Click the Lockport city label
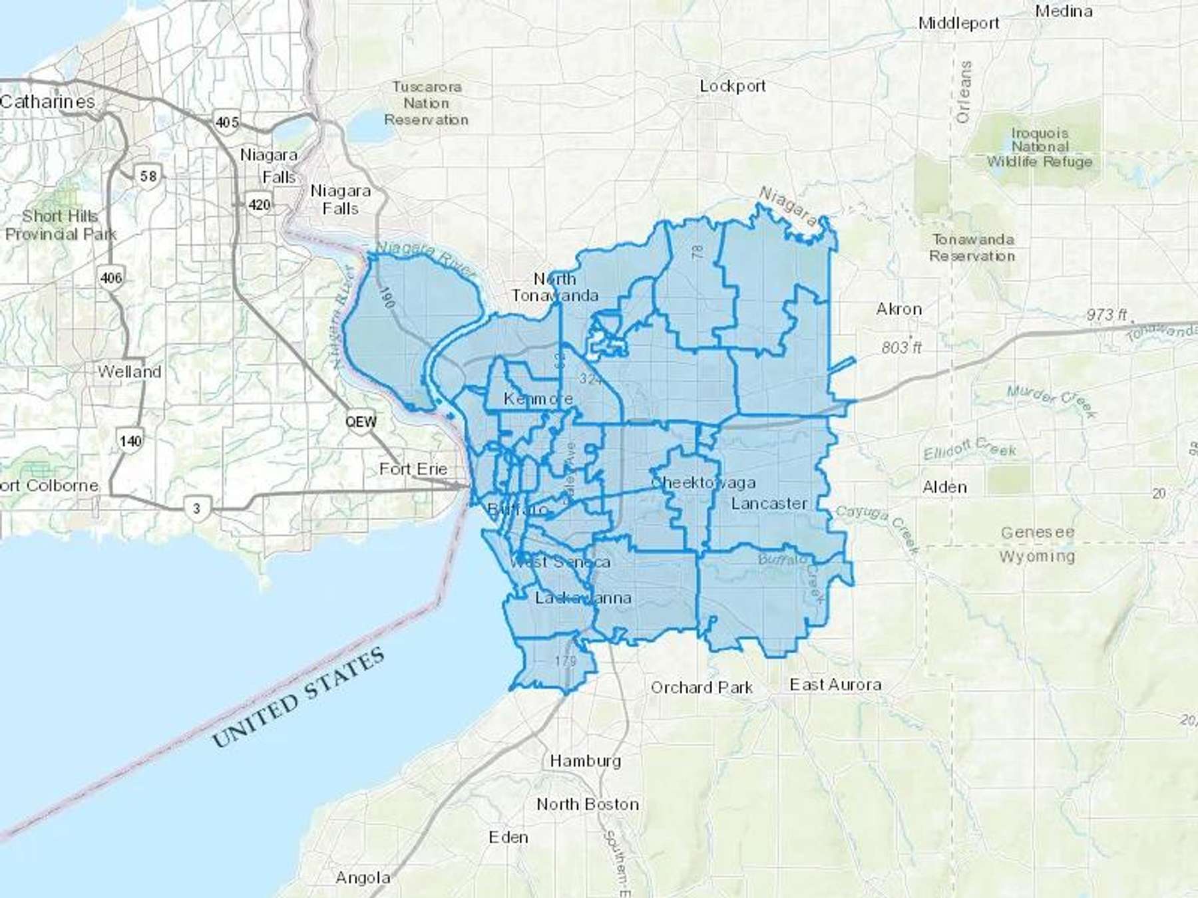click(x=732, y=86)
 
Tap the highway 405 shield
click(x=226, y=122)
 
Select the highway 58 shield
click(x=148, y=176)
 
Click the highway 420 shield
click(x=259, y=204)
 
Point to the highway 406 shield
click(x=110, y=277)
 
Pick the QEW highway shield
click(x=361, y=422)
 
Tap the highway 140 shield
click(x=130, y=440)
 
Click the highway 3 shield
click(x=196, y=509)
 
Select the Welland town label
click(x=129, y=371)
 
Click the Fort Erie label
click(x=413, y=469)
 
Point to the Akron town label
click(x=898, y=309)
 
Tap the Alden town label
click(x=944, y=487)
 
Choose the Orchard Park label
click(x=701, y=687)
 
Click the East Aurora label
click(x=835, y=684)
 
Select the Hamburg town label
click(x=585, y=760)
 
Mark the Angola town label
click(x=363, y=877)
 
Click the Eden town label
click(x=508, y=837)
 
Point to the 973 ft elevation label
click(x=1106, y=314)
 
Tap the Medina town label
click(x=1064, y=11)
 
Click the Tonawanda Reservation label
click(x=972, y=247)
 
